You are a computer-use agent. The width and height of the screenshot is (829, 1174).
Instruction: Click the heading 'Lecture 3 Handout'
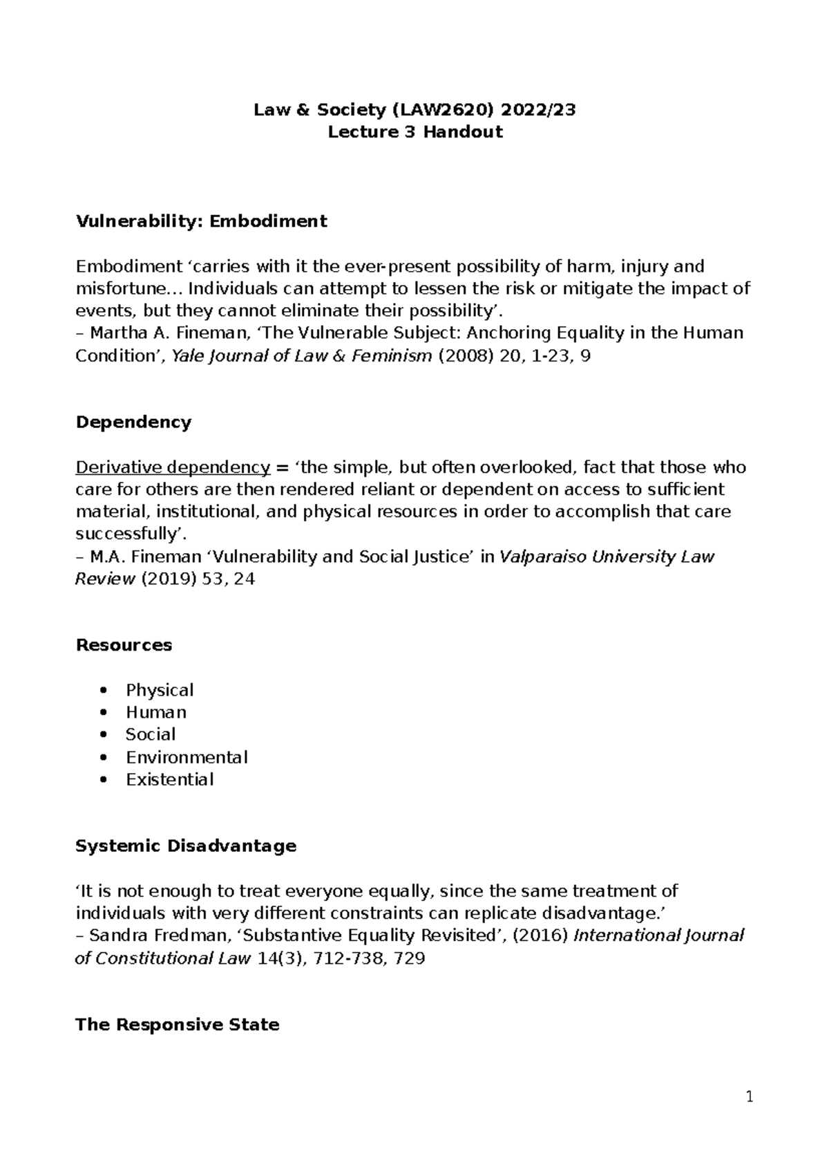414,132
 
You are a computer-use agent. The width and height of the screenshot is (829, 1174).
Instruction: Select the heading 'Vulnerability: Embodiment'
201,221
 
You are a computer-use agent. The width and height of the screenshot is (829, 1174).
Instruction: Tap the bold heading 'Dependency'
133,422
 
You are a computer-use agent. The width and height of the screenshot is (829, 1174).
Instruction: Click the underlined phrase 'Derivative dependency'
173,467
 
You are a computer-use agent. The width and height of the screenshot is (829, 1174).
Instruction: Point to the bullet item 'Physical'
160,690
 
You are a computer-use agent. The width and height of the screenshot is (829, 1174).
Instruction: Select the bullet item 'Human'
156,712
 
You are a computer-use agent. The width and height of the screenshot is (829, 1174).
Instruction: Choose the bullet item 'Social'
151,734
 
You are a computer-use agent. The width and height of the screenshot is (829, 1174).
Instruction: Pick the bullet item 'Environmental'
187,757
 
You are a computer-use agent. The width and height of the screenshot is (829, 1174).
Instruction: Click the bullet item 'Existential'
169,779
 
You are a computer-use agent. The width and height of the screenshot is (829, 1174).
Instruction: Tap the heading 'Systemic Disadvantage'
186,846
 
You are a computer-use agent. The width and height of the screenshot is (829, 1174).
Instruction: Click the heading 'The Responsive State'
177,1025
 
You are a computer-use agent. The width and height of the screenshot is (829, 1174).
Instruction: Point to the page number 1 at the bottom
750,1097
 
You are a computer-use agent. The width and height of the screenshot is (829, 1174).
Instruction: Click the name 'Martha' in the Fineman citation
118,333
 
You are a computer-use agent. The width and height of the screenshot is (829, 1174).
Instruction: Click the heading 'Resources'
124,645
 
